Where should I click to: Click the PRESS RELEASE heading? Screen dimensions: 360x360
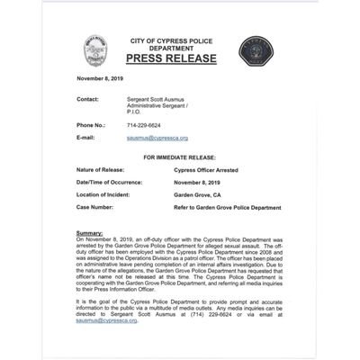(x=173, y=59)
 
